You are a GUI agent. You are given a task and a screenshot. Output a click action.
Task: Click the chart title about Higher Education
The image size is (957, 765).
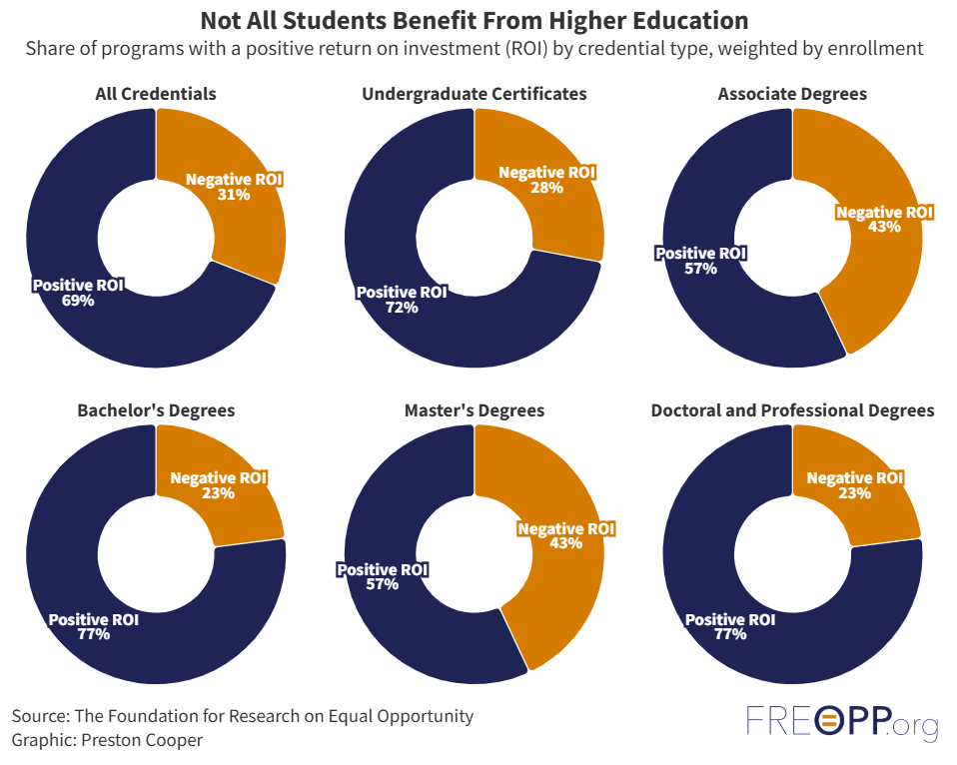(475, 21)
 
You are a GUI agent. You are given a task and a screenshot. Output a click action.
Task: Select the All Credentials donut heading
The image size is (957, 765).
(156, 94)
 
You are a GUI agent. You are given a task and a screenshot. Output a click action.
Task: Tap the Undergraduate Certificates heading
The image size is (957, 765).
(475, 94)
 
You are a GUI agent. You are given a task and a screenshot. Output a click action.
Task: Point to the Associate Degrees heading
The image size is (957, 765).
(792, 94)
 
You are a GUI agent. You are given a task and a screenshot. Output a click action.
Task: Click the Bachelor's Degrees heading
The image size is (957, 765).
(156, 410)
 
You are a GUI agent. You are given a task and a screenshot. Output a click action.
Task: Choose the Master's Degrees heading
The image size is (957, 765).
(475, 410)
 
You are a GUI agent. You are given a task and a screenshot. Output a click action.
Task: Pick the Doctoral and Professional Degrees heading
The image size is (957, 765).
(792, 410)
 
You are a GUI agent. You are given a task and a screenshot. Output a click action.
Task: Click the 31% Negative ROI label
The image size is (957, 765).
(234, 187)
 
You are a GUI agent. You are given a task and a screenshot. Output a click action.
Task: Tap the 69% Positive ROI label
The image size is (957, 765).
(78, 293)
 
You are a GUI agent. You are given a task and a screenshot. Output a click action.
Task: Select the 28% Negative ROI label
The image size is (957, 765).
(546, 180)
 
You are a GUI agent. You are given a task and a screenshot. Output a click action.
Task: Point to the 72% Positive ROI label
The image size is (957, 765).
(402, 300)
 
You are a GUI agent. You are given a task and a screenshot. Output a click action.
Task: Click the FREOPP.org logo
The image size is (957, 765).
(842, 723)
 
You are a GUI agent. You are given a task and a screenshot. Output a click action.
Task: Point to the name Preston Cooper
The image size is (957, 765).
(146, 741)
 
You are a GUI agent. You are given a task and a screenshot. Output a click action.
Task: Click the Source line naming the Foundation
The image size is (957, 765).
(243, 716)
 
